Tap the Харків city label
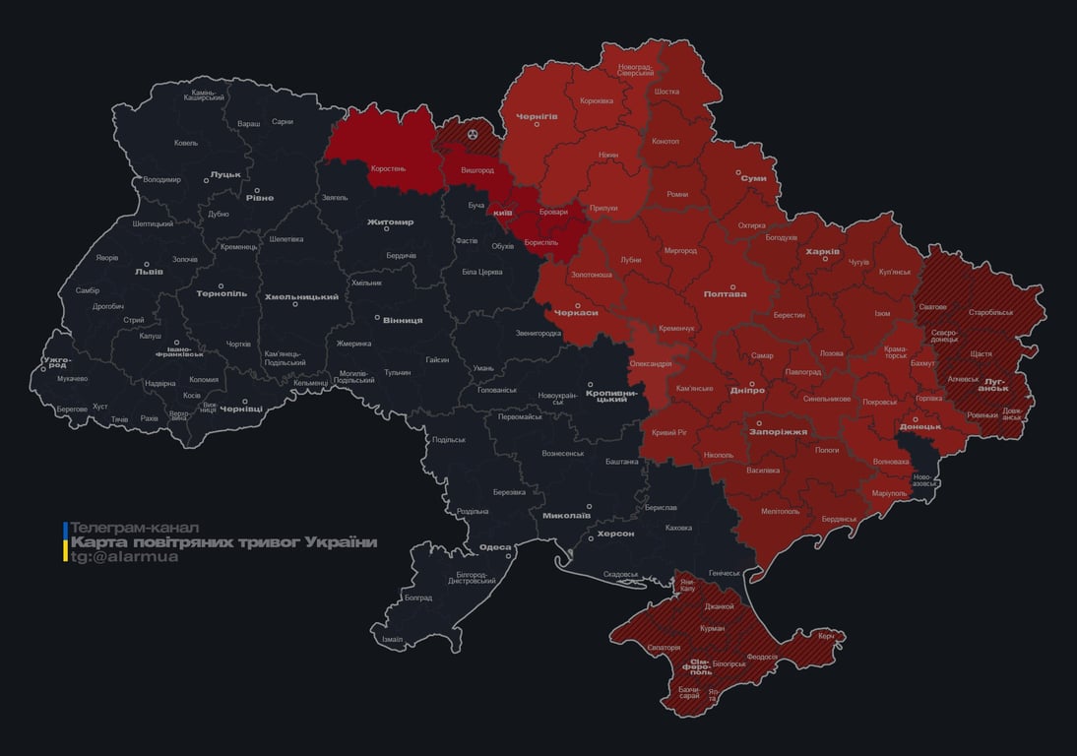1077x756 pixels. coord(822,252)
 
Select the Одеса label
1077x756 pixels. coord(494,548)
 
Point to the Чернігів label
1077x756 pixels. coord(537,116)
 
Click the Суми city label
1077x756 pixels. coord(753,178)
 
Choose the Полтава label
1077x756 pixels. coord(725,294)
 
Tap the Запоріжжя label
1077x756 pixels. coord(778,431)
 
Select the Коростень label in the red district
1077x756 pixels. coord(388,168)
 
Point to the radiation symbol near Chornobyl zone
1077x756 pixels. coord(472,132)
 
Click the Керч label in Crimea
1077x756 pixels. coord(826,636)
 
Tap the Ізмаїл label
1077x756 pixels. coord(392,640)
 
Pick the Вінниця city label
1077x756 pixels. coord(402,320)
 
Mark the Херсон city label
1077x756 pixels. coord(615,534)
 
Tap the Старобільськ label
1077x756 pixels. coord(990,312)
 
